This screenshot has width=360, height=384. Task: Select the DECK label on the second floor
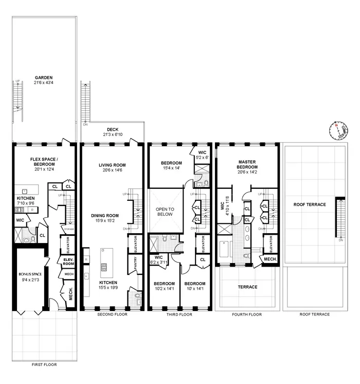click(x=113, y=129)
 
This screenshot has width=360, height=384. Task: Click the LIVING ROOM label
click(x=112, y=165)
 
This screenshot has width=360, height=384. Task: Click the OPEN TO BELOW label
click(x=166, y=212)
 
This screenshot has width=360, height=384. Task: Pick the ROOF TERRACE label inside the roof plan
click(x=309, y=204)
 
